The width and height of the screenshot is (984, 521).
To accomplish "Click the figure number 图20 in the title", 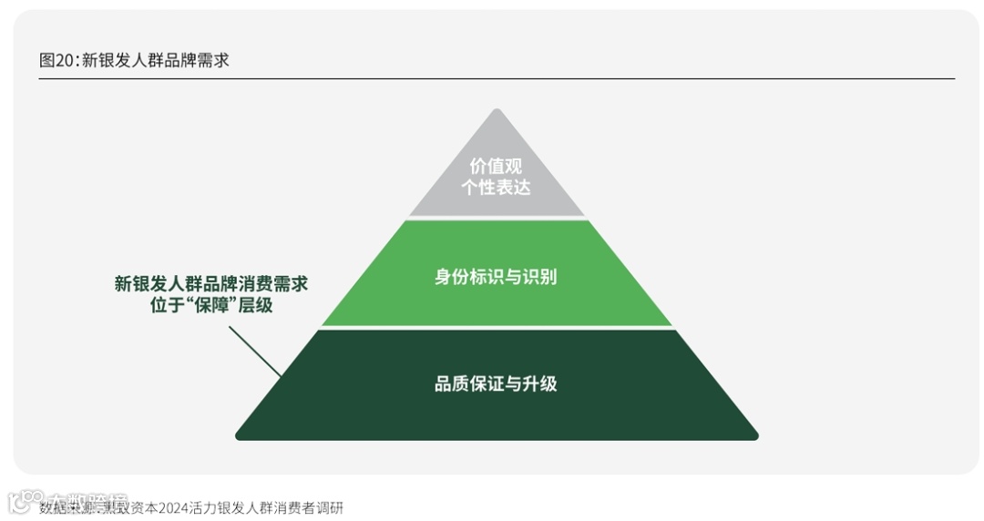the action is tap(57, 60).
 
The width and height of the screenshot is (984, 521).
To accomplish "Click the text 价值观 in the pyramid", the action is tap(497, 167).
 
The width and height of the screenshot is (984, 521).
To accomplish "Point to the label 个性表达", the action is tap(497, 187).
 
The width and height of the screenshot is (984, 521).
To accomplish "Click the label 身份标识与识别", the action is tap(497, 276).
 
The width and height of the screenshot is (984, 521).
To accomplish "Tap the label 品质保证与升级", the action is tap(497, 383).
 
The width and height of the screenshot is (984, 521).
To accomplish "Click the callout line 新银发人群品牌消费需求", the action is tap(211, 283).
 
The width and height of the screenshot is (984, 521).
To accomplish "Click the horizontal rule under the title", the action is tap(497, 79).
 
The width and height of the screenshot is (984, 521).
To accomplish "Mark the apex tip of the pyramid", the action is tap(497, 112).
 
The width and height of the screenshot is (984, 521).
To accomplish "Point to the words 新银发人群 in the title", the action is tap(124, 60).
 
